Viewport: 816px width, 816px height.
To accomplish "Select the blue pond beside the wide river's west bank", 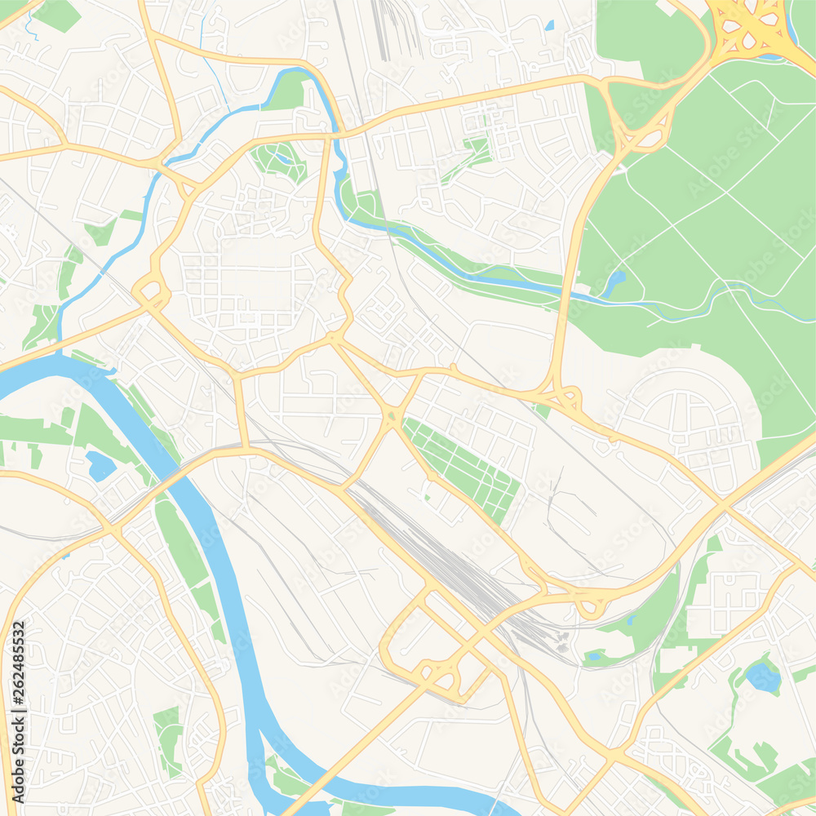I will point(100,466).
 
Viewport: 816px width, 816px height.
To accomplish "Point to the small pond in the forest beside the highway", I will point(614,282).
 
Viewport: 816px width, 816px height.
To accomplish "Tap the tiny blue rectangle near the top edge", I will point(548,25).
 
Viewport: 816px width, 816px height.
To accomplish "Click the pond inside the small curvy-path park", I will point(282,157).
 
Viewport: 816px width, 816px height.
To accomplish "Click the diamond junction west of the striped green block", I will point(393,418).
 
